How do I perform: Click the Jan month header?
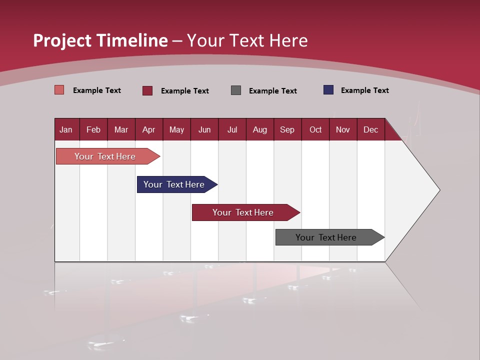pyautogui.click(x=66, y=129)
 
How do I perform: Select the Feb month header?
pyautogui.click(x=93, y=129)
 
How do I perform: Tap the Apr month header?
pyautogui.click(x=148, y=129)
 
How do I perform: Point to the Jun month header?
pyautogui.click(x=204, y=129)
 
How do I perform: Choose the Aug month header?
pyautogui.click(x=259, y=129)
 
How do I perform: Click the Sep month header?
pyautogui.click(x=287, y=129)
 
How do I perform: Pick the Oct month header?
pyautogui.click(x=315, y=129)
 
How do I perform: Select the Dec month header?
pyautogui.click(x=370, y=129)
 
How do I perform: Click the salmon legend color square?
pyautogui.click(x=59, y=90)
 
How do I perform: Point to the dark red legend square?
pyautogui.click(x=147, y=90)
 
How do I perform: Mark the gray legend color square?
pyautogui.click(x=235, y=90)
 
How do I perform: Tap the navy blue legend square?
pyautogui.click(x=328, y=90)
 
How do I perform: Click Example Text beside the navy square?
pyautogui.click(x=364, y=90)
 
